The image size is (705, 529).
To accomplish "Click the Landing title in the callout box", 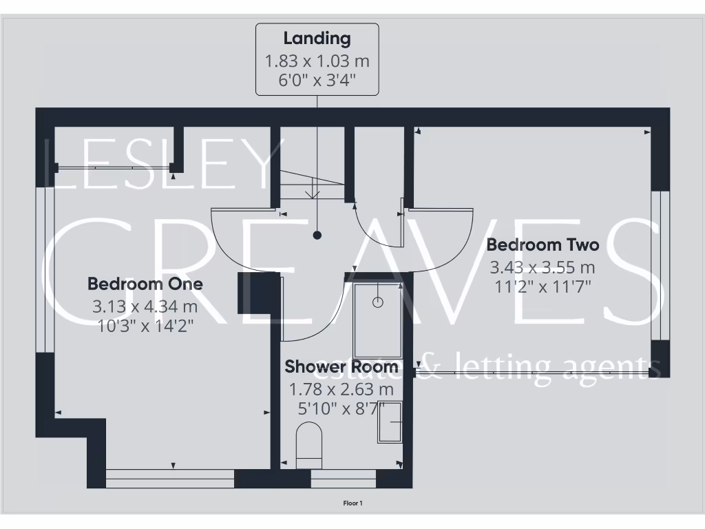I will coord(317,39).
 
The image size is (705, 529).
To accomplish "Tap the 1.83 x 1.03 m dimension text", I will coord(317,61).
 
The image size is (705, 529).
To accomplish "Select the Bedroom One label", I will coord(145,284).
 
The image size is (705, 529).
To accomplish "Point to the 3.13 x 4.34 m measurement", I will coord(145,306).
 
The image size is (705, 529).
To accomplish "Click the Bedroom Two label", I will coord(543,245).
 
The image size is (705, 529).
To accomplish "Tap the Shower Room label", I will coord(341,366).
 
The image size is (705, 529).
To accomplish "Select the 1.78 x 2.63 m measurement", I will coord(341,390).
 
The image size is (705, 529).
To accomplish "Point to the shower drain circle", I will coord(377,302).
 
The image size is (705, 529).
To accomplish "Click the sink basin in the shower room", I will coord(390,422).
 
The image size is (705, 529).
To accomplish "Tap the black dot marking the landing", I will coord(317,235).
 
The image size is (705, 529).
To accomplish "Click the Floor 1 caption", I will coord(352,504).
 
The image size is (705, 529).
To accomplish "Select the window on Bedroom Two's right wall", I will coord(660,265).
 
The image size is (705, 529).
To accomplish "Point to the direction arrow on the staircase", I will coord(313,189).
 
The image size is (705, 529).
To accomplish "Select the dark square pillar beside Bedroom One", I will coord(249,293).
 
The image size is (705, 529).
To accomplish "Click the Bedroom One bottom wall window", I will coord(170,478).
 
